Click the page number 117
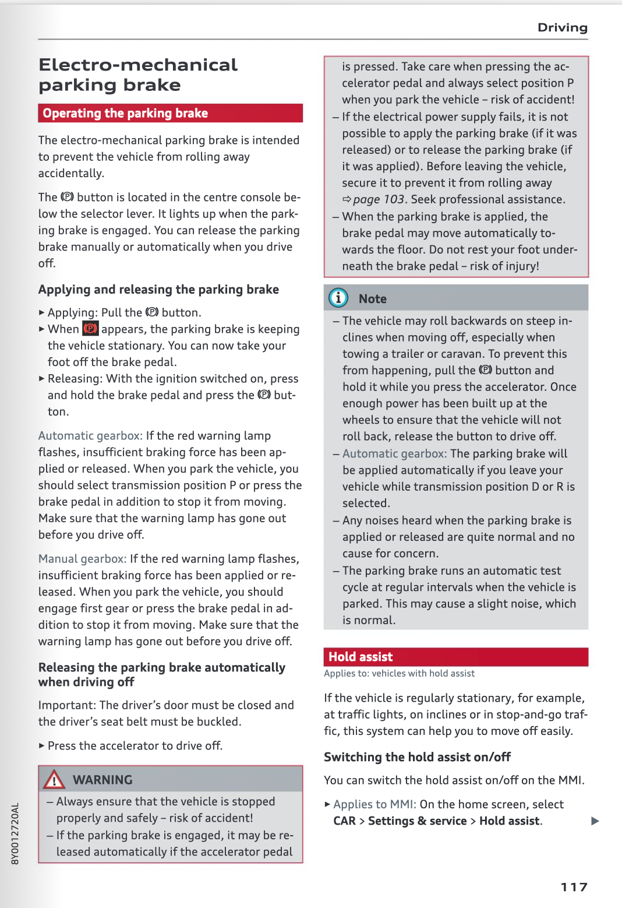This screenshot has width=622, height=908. pyautogui.click(x=574, y=887)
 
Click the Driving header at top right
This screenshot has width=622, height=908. pyautogui.click(x=562, y=27)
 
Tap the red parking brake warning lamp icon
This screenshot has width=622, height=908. pyautogui.click(x=90, y=329)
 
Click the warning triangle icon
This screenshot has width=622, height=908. pyautogui.click(x=54, y=779)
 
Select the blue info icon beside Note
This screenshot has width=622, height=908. pyautogui.click(x=338, y=298)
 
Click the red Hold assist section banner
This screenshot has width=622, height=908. pyautogui.click(x=455, y=657)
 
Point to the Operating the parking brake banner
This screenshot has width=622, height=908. pyautogui.click(x=170, y=113)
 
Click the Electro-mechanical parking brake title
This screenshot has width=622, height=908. pyautogui.click(x=138, y=75)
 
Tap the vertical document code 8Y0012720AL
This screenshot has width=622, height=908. pyautogui.click(x=15, y=833)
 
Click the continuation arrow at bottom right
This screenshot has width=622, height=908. pyautogui.click(x=595, y=821)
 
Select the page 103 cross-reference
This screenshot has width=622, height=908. pyautogui.click(x=378, y=199)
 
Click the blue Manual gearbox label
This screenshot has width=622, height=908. pyautogui.click(x=82, y=558)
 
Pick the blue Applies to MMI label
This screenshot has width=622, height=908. pyautogui.click(x=374, y=804)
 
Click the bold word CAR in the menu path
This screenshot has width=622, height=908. pyautogui.click(x=344, y=821)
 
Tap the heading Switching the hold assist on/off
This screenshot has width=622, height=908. pyautogui.click(x=417, y=756)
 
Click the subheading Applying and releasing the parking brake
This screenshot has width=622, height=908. pyautogui.click(x=158, y=289)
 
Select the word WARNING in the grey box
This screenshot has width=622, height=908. pyautogui.click(x=103, y=779)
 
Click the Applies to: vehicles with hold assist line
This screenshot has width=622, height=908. pyautogui.click(x=399, y=673)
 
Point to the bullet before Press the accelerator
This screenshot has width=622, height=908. pyautogui.click(x=41, y=745)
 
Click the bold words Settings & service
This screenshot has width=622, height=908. pyautogui.click(x=417, y=821)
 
